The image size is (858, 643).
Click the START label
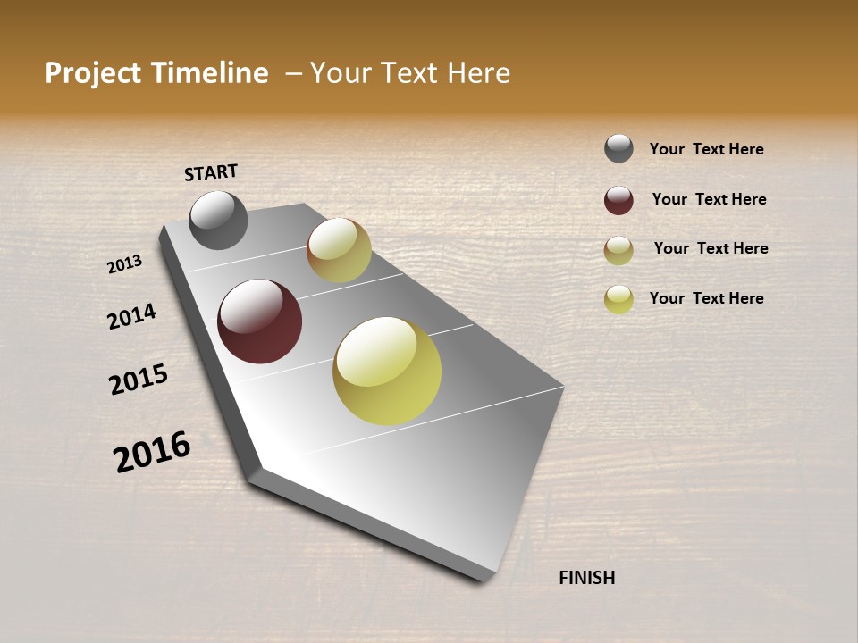[x=211, y=172]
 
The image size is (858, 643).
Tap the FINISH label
[x=586, y=578]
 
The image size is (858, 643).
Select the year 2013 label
[x=124, y=264]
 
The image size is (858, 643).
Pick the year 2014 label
[x=131, y=316]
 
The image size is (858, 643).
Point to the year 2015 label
[x=139, y=380]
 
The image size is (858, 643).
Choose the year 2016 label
[x=152, y=452]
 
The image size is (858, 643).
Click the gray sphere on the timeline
[x=218, y=220]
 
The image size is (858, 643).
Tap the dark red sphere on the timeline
[x=259, y=321]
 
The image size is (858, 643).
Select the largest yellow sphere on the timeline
[x=387, y=371]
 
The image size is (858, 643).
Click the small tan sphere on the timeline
[x=339, y=250]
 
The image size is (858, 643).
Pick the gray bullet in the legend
[x=618, y=148]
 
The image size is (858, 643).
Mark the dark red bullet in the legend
[x=618, y=200]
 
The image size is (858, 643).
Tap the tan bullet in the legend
[x=618, y=250]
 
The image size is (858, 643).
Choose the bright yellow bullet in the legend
[x=618, y=299]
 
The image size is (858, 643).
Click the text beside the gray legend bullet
[x=706, y=150]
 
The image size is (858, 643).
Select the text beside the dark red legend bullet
[x=709, y=199]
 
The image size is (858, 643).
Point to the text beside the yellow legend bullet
[x=706, y=298]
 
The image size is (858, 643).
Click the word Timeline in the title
[x=209, y=73]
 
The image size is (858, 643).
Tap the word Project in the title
[x=93, y=73]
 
